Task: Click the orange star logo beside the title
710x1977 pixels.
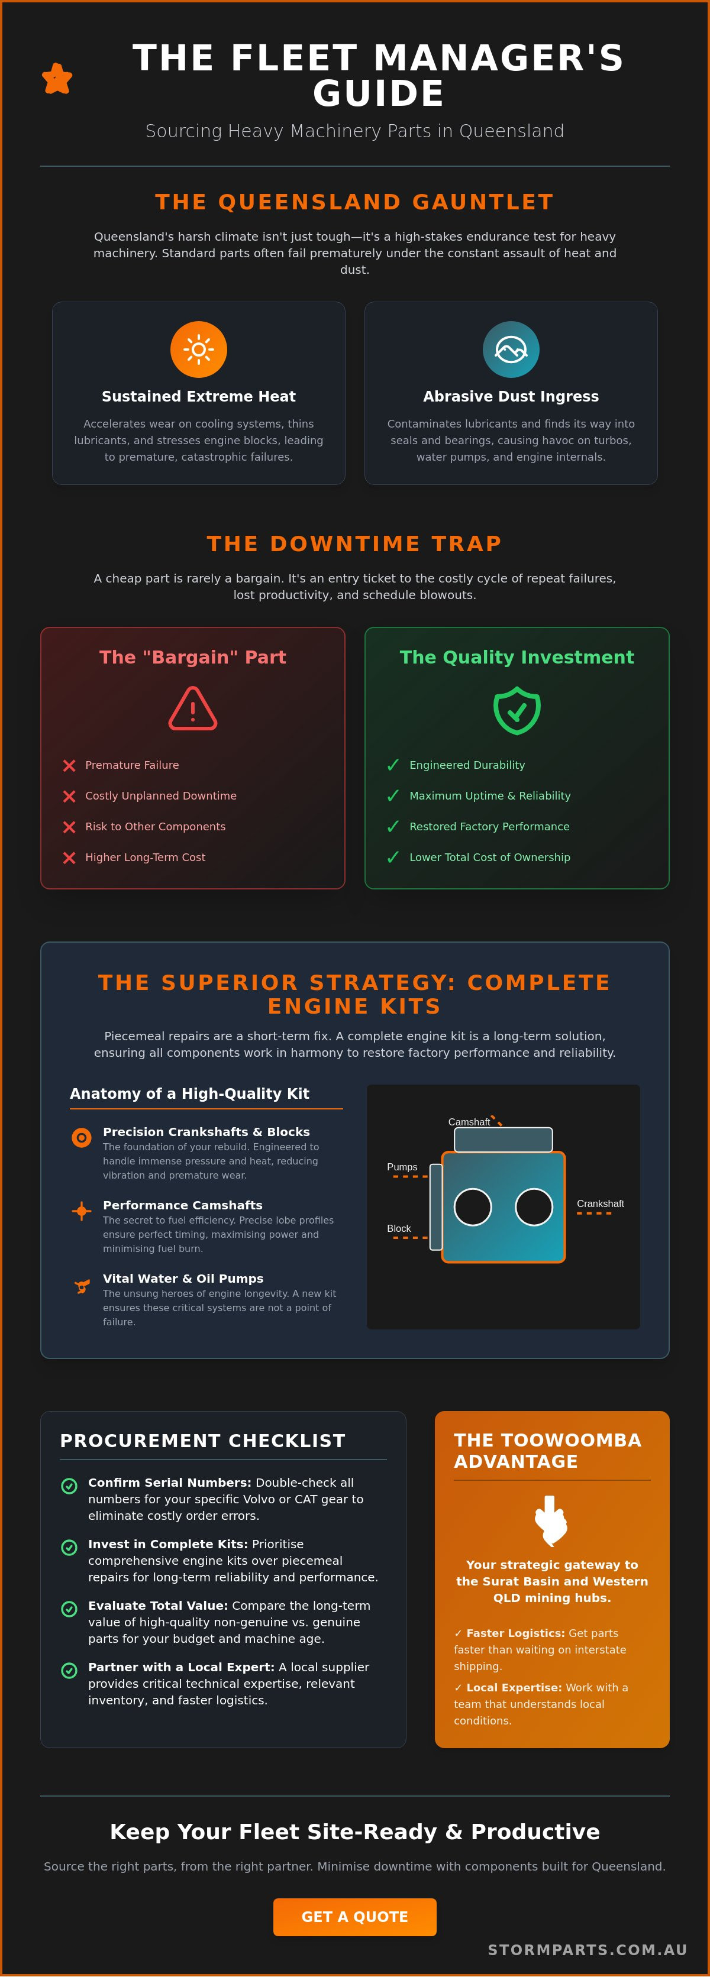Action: coord(57,78)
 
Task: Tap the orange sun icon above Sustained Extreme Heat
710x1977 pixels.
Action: coord(199,349)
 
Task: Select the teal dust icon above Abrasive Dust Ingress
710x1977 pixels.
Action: coord(511,349)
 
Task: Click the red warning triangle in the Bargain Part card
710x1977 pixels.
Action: coord(193,708)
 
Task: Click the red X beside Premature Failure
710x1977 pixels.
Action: coord(69,765)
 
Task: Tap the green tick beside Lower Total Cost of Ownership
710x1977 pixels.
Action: coord(393,858)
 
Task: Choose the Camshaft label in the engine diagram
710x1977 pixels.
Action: coord(469,1122)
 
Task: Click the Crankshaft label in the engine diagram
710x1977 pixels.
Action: coord(600,1203)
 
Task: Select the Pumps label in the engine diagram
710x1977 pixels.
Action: coord(402,1167)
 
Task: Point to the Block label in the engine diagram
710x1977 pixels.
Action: coord(399,1228)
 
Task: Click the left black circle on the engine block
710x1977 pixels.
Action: coord(473,1207)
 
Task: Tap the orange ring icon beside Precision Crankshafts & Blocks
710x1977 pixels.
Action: coord(82,1137)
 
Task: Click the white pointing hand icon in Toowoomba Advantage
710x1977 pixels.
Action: coord(550,1520)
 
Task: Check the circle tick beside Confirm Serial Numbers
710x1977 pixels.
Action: coord(69,1486)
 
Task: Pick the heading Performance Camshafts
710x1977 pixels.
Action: coord(183,1205)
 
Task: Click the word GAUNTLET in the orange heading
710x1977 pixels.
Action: coord(483,202)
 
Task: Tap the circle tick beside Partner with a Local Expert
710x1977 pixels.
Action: coord(69,1670)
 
